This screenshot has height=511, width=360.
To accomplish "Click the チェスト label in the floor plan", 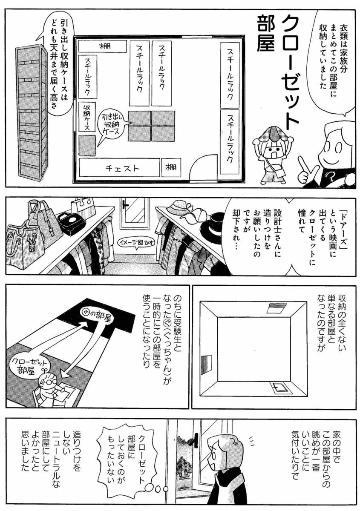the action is (x=122, y=168).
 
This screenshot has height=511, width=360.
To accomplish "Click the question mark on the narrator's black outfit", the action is (x=330, y=176).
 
